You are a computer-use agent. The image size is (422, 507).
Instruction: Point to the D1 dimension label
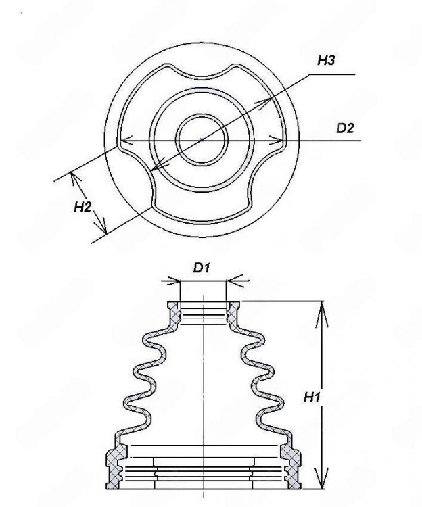pyautogui.click(x=202, y=268)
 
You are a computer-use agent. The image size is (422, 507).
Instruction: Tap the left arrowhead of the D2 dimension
pyautogui.click(x=126, y=141)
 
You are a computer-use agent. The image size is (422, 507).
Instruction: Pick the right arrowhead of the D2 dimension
pyautogui.click(x=275, y=141)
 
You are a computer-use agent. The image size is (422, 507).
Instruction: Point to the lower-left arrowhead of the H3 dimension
pyautogui.click(x=155, y=168)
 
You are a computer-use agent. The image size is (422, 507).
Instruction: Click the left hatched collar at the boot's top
pyautogui.click(x=174, y=314)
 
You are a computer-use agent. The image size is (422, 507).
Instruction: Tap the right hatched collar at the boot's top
pyautogui.click(x=233, y=314)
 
